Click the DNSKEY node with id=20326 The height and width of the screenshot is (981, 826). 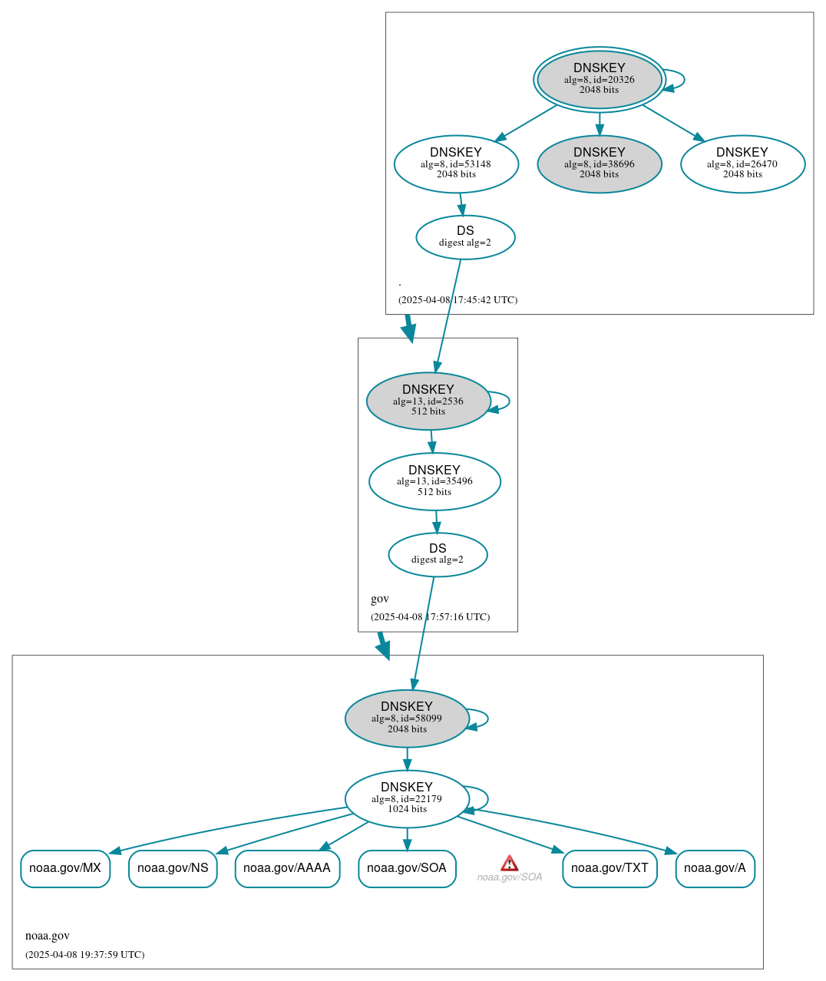coord(599,79)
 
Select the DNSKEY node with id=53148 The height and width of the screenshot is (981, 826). coord(456,163)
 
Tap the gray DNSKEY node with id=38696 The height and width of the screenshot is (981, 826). coord(599,163)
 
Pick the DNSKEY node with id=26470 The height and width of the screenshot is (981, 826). coord(742,163)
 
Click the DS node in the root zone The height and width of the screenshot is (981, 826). coord(465,237)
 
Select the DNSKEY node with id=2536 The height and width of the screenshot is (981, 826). coord(428,401)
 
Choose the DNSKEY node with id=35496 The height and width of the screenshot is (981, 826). coord(434,481)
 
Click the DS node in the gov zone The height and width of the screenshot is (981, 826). coord(438,554)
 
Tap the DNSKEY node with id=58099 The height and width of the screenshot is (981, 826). coord(407,718)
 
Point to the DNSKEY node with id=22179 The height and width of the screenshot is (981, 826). coord(407,799)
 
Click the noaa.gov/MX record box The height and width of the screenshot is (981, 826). coord(65,868)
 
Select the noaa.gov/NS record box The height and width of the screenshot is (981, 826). coord(173,868)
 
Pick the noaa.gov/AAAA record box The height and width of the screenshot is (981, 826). coord(287,868)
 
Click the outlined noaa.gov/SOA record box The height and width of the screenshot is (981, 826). coord(407,868)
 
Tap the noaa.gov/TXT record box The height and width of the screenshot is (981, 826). coord(610,868)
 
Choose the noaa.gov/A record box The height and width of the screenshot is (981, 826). coord(715,868)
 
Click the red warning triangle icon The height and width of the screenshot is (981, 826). coord(509,864)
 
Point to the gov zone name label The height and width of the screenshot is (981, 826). coord(380,599)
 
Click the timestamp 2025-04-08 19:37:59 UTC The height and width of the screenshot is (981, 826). coord(84,955)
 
